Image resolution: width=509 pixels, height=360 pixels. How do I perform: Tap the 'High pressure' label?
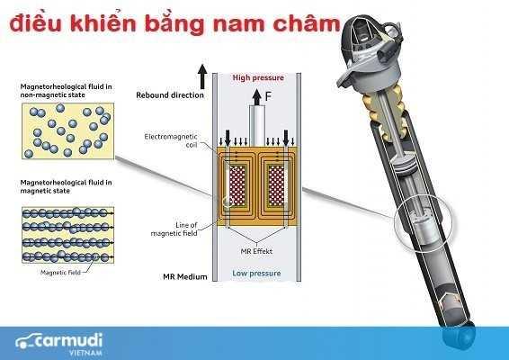257,76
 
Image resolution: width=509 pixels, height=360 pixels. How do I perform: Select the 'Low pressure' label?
257,273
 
